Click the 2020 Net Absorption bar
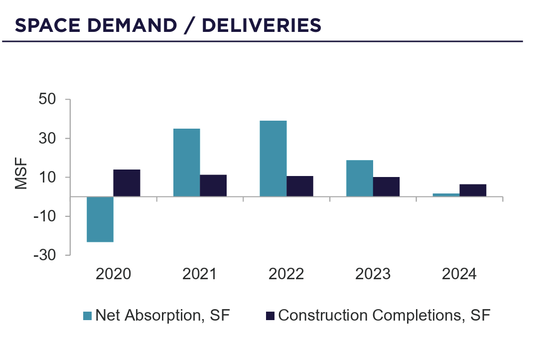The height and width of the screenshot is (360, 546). tap(100, 219)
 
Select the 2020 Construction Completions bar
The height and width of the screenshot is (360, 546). tap(127, 183)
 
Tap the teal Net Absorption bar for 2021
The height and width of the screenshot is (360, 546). tap(186, 163)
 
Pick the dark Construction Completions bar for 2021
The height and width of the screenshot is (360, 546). tap(213, 185)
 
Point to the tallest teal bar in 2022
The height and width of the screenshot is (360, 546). tap(273, 159)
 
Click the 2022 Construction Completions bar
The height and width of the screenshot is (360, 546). tap(300, 186)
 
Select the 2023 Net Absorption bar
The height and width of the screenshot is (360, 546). tap(360, 178)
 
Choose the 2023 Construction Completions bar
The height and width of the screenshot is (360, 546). tap(386, 187)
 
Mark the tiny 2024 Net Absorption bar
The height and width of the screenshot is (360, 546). tap(446, 195)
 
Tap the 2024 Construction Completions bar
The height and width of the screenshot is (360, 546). tap(473, 190)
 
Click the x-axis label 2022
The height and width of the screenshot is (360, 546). tap(286, 274)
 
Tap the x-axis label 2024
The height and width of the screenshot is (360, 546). tap(459, 274)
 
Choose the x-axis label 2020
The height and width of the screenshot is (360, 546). tap(114, 274)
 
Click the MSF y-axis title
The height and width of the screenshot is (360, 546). tap(21, 174)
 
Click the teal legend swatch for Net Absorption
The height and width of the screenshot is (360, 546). tap(88, 315)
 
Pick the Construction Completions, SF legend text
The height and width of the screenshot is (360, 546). tap(384, 315)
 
